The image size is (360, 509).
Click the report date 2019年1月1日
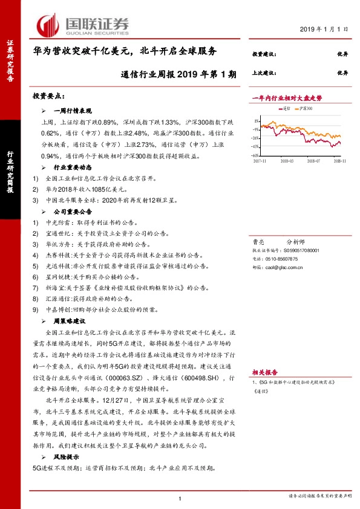point(324,28)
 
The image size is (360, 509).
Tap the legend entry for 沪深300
point(305,108)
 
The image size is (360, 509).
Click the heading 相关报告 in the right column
point(264,372)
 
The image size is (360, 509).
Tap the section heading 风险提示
point(68,458)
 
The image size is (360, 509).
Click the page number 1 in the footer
point(180,498)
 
